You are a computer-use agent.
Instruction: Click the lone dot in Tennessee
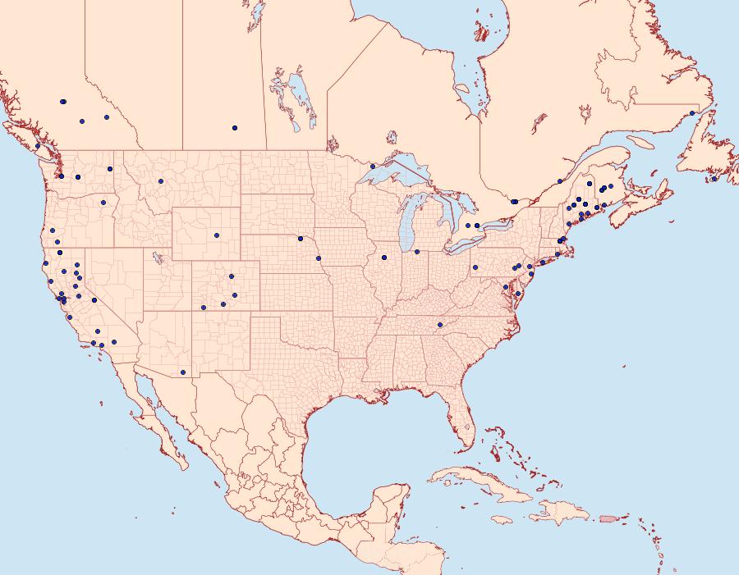point(440,325)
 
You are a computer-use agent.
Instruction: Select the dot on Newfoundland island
point(714,179)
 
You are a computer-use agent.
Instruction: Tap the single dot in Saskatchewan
point(235,128)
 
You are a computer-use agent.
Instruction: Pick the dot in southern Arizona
point(183,372)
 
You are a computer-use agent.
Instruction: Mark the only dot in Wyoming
point(217,235)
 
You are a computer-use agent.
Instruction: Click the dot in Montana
point(161,181)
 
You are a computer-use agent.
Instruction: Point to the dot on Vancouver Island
point(38,146)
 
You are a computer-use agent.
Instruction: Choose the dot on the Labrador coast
point(692,113)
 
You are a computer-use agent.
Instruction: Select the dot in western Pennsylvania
point(475,267)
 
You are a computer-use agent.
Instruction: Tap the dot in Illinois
point(384,258)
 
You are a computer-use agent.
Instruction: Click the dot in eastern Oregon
point(103,203)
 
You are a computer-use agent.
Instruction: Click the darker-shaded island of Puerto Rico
point(608,518)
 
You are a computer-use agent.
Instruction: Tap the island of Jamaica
point(503,519)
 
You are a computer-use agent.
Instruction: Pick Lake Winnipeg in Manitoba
point(301,98)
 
